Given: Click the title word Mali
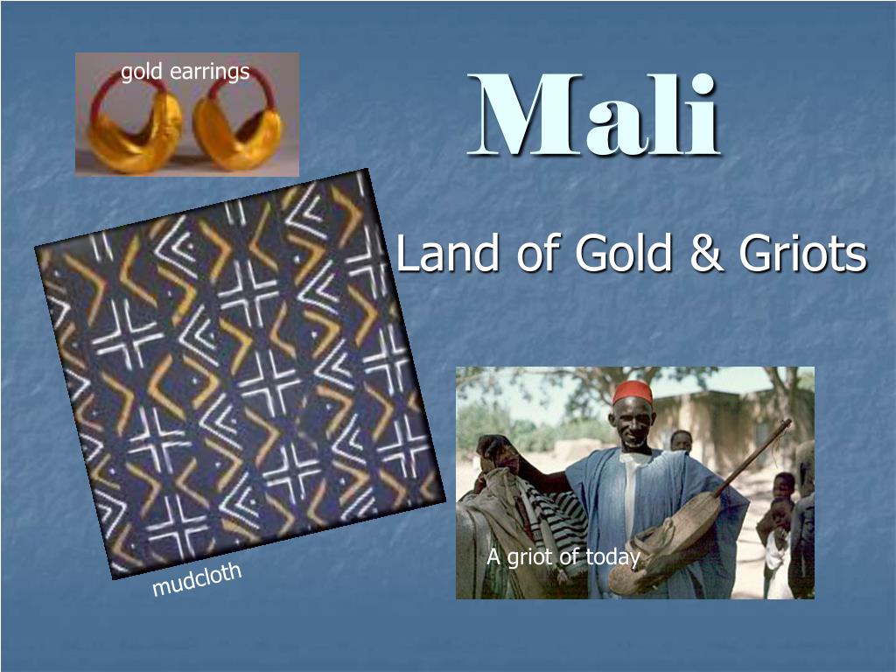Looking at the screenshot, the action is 593,115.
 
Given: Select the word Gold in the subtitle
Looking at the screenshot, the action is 623,253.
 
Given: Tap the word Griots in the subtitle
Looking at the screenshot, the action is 803,253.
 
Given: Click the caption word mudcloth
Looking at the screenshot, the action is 197,579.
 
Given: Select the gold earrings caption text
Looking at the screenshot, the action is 185,73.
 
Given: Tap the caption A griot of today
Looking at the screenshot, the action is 563,556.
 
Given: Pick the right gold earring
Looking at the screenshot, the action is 238,129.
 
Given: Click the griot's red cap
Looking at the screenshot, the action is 633,393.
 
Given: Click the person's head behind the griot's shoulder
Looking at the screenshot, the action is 681,440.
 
